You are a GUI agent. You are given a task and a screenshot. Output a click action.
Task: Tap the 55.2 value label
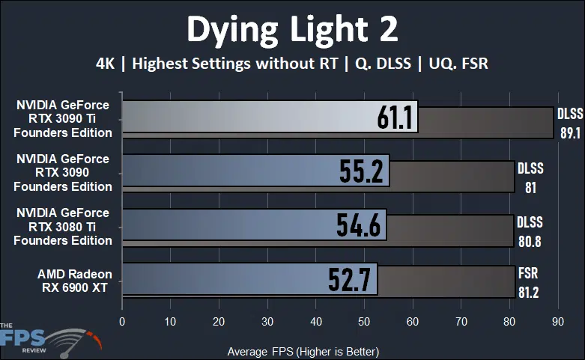362,172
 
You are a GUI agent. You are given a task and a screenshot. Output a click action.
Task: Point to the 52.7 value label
350,279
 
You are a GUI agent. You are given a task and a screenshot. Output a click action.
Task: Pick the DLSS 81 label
530,177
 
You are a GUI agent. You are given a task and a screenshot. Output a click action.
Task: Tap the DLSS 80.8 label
530,231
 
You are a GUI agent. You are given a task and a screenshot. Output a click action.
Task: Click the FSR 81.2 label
528,282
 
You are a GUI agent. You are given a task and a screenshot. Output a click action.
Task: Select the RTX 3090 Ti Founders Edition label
64,119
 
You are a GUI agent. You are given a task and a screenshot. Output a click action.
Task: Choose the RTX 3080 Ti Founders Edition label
64,227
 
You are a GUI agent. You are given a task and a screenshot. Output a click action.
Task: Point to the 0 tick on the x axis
122,321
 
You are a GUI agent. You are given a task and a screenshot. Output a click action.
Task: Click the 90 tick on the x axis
557,321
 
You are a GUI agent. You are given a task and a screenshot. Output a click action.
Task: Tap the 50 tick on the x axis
364,321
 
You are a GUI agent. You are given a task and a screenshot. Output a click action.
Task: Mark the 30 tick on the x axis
267,321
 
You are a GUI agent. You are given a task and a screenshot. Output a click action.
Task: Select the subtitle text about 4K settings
292,64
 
